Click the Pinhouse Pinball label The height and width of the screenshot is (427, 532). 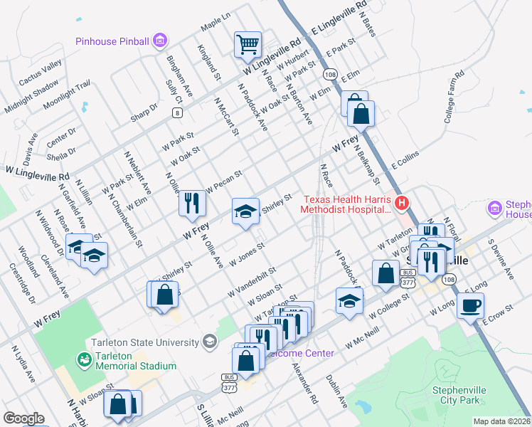113,40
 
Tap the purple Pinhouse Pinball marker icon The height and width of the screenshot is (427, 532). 161,40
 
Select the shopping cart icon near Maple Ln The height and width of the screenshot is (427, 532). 248,44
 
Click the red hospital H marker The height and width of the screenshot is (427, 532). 402,204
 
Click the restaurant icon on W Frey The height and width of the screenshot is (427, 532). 192,203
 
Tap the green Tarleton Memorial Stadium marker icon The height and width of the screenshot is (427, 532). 85,360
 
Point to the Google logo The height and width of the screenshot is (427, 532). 23,418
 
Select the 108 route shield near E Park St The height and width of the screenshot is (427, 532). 329,74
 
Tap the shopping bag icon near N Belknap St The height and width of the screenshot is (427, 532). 361,113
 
